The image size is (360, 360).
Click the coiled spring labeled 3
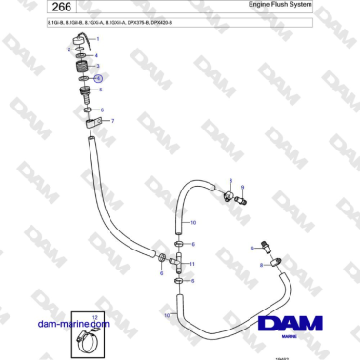tap(84, 71)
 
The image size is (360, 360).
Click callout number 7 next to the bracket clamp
tap(113, 121)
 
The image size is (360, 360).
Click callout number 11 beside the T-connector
tap(193, 263)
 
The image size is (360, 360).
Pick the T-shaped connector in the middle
tap(179, 259)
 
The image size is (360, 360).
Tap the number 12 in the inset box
tap(94, 315)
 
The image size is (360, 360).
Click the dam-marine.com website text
tap(73, 324)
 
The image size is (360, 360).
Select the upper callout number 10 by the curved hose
tap(194, 222)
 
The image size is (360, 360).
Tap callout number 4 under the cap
tap(96, 55)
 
